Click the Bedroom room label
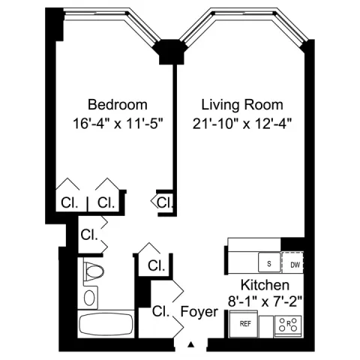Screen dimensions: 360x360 [x=118, y=104]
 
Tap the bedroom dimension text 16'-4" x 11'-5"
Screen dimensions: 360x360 [x=118, y=124]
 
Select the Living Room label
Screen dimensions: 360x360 [x=242, y=104]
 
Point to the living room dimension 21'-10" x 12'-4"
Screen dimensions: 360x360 [x=242, y=124]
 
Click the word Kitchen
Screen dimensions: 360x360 [x=265, y=285]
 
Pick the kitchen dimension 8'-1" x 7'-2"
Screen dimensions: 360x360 [x=265, y=301]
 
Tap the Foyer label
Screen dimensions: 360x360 [x=199, y=312]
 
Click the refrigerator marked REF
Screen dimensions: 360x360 [x=244, y=324]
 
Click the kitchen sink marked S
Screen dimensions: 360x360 [x=269, y=262]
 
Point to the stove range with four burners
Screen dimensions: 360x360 [x=288, y=325]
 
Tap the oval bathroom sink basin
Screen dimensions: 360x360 [x=89, y=298]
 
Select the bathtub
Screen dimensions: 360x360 [x=106, y=324]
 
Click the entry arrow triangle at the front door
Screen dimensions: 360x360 [x=191, y=344]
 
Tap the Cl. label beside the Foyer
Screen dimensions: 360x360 [x=160, y=311]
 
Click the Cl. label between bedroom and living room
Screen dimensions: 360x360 [x=165, y=202]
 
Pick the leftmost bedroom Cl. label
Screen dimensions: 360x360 [x=70, y=202]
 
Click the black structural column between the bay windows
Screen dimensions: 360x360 [x=169, y=52]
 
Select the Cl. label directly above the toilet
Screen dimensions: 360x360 [x=89, y=235]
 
